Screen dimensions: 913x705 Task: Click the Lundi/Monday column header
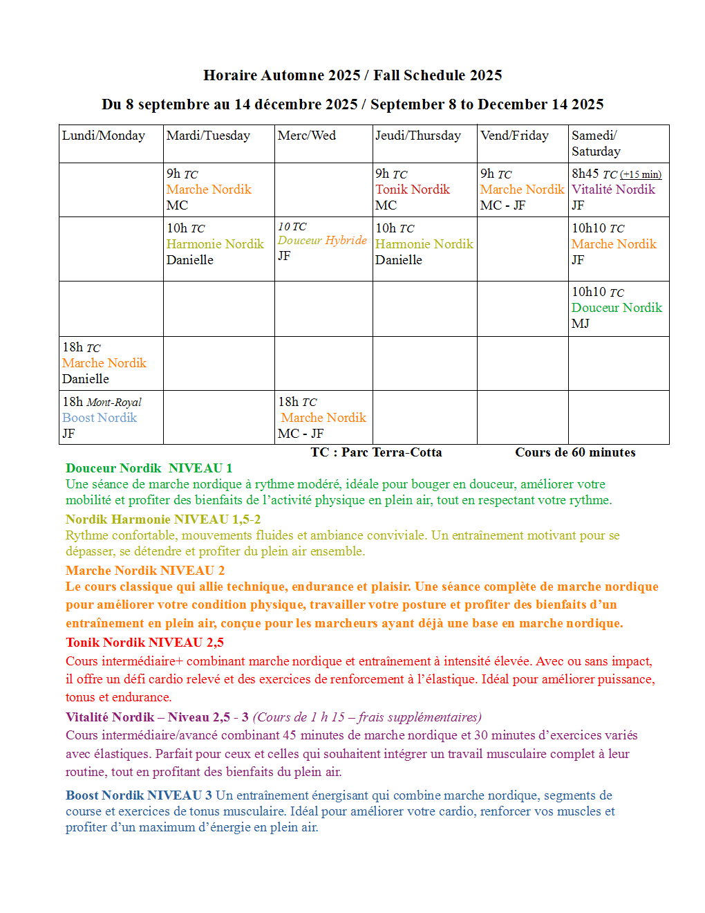coord(104,136)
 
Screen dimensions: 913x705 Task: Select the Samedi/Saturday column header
coord(595,143)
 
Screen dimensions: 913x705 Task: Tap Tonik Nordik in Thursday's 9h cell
coord(413,190)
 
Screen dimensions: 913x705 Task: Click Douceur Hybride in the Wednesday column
coord(322,240)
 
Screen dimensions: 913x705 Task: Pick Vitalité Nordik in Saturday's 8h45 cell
coord(613,190)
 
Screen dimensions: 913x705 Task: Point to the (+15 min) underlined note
coord(640,175)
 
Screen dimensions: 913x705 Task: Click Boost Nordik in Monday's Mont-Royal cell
coord(100,418)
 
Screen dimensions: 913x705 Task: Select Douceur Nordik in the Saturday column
coord(617,308)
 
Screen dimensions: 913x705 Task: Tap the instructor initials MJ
coord(580,324)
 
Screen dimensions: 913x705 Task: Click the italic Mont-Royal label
coord(114,403)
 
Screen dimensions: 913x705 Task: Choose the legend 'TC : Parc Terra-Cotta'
coord(376,452)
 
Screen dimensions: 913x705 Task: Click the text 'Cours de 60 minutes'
coord(575,452)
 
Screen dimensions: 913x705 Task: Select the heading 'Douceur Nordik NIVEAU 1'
coord(149,468)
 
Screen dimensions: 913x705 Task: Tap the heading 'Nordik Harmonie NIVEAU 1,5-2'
coord(163,519)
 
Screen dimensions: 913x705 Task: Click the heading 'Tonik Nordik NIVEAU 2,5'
coord(144,643)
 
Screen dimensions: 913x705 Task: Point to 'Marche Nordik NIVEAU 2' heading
coord(145,571)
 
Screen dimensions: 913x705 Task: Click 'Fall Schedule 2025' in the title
coord(438,75)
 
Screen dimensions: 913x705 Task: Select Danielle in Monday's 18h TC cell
coord(86,379)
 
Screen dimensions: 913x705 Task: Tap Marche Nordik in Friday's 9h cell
coord(522,190)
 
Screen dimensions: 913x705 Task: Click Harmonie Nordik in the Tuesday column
coord(215,244)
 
